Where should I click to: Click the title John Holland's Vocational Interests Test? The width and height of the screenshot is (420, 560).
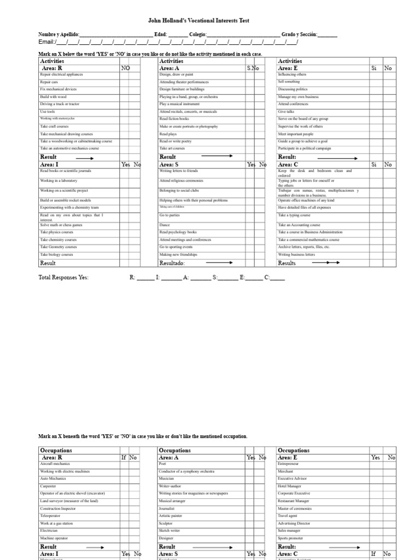[x=199, y=20]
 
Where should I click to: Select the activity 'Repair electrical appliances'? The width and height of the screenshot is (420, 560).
[x=61, y=74]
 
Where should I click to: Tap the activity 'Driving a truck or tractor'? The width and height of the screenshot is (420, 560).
[x=60, y=104]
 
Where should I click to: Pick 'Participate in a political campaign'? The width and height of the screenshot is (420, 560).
[x=304, y=148]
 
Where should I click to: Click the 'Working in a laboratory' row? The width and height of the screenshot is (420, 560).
[x=59, y=180]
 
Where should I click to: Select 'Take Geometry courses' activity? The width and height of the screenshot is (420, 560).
[x=58, y=247]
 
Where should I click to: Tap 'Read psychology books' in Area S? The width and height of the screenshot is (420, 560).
[x=178, y=232]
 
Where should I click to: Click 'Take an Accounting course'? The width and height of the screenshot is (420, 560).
[x=299, y=225]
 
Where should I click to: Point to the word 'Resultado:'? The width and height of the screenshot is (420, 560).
[x=172, y=263]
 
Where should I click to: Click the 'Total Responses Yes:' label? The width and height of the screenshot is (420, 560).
[x=63, y=278]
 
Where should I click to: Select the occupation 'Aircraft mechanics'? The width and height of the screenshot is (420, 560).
[x=55, y=464]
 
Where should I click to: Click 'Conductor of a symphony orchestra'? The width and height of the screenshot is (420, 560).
[x=186, y=471]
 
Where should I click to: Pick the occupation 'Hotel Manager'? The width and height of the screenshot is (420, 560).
[x=290, y=486]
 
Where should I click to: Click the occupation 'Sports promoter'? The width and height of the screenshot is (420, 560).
[x=291, y=538]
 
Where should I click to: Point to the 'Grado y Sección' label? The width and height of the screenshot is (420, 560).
[x=299, y=34]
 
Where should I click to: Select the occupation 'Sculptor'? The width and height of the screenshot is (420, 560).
[x=166, y=523]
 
